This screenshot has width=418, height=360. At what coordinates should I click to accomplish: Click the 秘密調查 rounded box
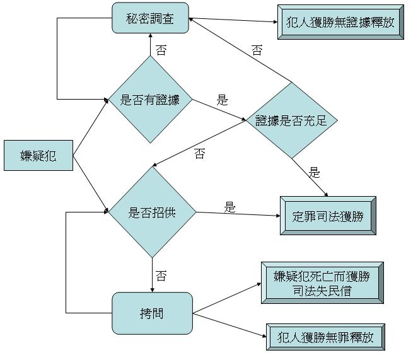tap(151, 18)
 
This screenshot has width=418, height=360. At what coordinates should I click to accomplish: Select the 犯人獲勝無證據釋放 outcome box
tap(340, 23)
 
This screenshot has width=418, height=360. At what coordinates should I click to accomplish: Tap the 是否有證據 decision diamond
tap(149, 99)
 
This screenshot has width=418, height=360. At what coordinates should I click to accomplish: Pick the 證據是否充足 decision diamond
tap(291, 120)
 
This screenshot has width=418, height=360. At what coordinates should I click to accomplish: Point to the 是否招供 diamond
tap(152, 212)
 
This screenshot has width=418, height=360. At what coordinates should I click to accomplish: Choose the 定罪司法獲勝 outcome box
tap(328, 216)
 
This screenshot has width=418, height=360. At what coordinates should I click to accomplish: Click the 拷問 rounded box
tap(152, 313)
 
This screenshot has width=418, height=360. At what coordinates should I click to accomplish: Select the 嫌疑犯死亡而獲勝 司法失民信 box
tap(322, 283)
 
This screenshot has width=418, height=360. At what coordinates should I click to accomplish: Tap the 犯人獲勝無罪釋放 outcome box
tap(325, 337)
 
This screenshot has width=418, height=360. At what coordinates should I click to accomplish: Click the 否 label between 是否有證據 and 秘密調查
tap(161, 50)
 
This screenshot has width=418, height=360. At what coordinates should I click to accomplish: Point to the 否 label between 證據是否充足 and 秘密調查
tap(257, 50)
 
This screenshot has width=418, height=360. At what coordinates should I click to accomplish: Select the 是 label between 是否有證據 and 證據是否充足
tap(222, 100)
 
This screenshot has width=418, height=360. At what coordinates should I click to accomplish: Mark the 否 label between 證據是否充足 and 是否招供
tap(200, 154)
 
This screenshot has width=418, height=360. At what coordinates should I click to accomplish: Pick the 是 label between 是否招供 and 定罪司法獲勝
tap(229, 207)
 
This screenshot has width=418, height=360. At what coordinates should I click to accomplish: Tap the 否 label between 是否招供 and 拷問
tap(161, 276)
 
